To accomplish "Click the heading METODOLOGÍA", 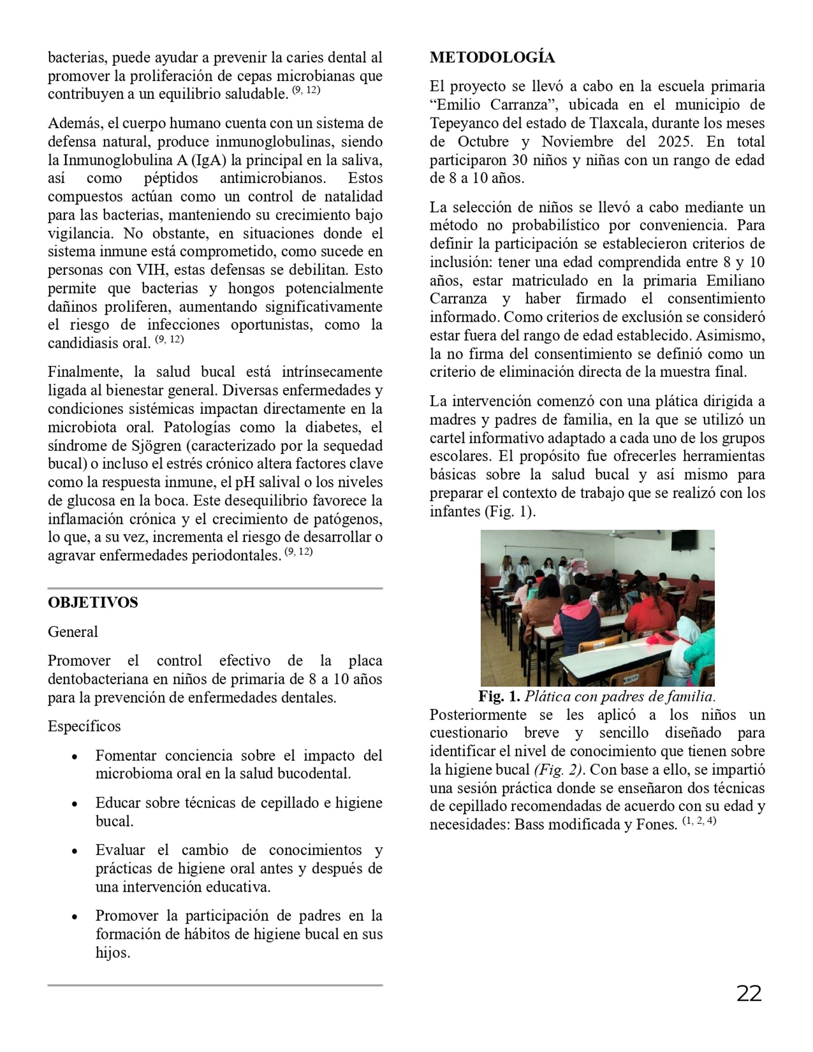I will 492,58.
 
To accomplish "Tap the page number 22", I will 749,994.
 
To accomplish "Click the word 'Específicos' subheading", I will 84,726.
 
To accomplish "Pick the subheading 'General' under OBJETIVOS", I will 73,631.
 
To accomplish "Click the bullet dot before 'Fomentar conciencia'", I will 75,757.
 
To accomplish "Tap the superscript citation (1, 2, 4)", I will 699,821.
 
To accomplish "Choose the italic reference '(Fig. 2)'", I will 559,770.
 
